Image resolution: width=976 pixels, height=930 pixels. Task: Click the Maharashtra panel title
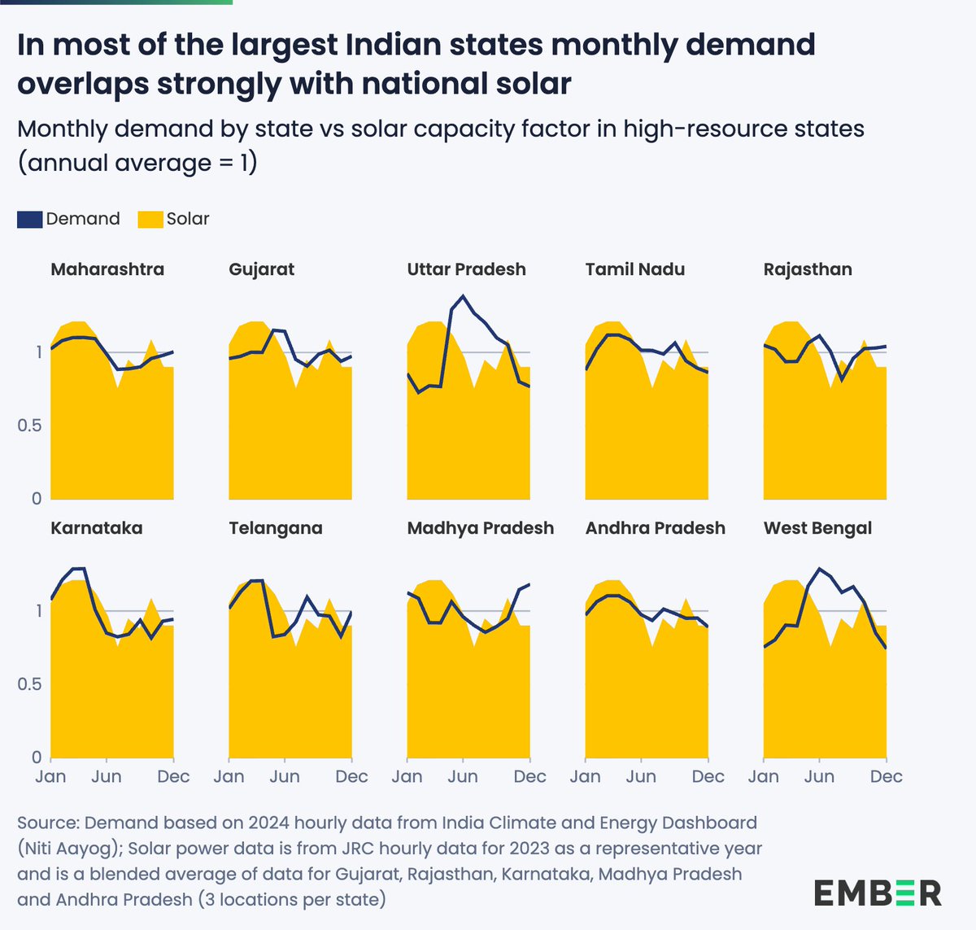click(x=107, y=269)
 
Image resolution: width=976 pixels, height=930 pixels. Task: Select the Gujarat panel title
click(x=261, y=269)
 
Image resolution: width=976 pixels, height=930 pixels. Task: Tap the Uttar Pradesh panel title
click(x=466, y=269)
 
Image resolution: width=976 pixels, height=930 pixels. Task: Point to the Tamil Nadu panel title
click(x=634, y=269)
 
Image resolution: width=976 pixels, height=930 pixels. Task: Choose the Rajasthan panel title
click(x=808, y=269)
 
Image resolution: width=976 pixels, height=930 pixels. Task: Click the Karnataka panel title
click(x=96, y=528)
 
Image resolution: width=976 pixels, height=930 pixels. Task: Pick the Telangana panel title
click(x=275, y=528)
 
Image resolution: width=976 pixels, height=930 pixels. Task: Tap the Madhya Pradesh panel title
click(x=480, y=528)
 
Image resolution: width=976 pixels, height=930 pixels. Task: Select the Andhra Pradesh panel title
click(x=655, y=528)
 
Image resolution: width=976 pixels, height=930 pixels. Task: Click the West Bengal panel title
click(x=817, y=528)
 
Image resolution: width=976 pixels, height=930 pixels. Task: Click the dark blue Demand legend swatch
click(x=30, y=219)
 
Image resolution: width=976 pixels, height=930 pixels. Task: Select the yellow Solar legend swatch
click(x=150, y=219)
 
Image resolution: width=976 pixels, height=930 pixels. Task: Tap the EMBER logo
click(x=878, y=893)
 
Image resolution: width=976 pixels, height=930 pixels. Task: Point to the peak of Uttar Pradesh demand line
click(x=463, y=296)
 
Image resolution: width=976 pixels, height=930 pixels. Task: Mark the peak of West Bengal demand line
click(x=819, y=569)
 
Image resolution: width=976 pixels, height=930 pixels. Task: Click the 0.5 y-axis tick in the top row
click(x=29, y=426)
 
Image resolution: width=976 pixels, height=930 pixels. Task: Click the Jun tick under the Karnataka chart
click(x=107, y=776)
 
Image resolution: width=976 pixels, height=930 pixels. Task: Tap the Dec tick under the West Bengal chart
click(x=886, y=776)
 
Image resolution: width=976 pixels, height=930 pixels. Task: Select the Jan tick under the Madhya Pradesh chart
click(x=407, y=776)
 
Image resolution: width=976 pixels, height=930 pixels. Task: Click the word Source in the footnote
click(x=47, y=823)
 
